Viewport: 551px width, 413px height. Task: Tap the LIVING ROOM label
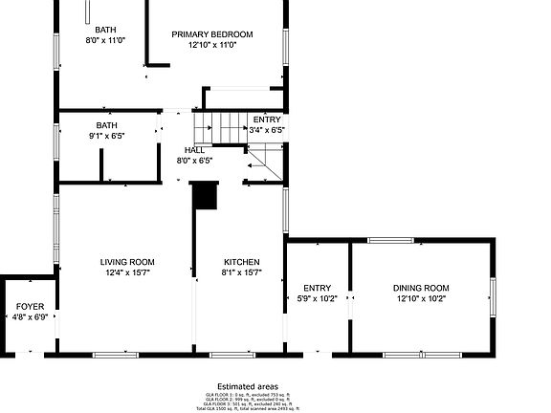click(x=127, y=262)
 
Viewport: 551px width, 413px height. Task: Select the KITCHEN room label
click(x=241, y=262)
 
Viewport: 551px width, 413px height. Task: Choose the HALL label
click(x=194, y=150)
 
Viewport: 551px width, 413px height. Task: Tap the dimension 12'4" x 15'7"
click(x=127, y=272)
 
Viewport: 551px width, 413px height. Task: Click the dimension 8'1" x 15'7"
click(x=241, y=272)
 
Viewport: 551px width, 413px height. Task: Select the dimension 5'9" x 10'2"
click(x=317, y=298)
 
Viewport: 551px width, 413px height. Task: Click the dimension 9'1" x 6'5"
click(x=106, y=136)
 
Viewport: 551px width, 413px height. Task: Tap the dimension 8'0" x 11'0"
click(x=106, y=41)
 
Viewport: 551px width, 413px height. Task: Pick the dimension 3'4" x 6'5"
click(x=267, y=129)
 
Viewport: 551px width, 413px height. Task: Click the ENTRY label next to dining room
click(x=317, y=288)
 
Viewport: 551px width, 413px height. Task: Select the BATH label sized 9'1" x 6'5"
click(x=106, y=125)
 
